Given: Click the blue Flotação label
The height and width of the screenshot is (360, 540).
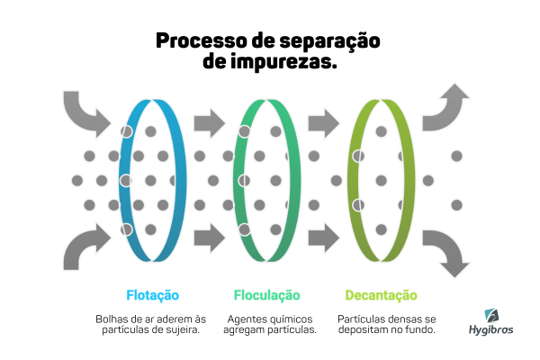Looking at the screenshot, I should pos(152,294).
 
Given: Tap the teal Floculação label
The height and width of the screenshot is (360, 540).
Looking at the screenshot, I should pos(267,294).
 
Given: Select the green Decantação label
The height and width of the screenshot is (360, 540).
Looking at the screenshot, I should pos(382,294).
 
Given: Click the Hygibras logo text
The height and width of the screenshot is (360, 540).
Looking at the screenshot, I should pos(491,330).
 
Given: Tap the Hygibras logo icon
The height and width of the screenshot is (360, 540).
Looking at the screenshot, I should pos(492,315).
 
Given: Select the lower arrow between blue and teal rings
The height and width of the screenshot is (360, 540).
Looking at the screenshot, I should pos(210,238).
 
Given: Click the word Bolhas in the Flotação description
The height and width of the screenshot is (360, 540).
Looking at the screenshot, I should pos(112,319).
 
